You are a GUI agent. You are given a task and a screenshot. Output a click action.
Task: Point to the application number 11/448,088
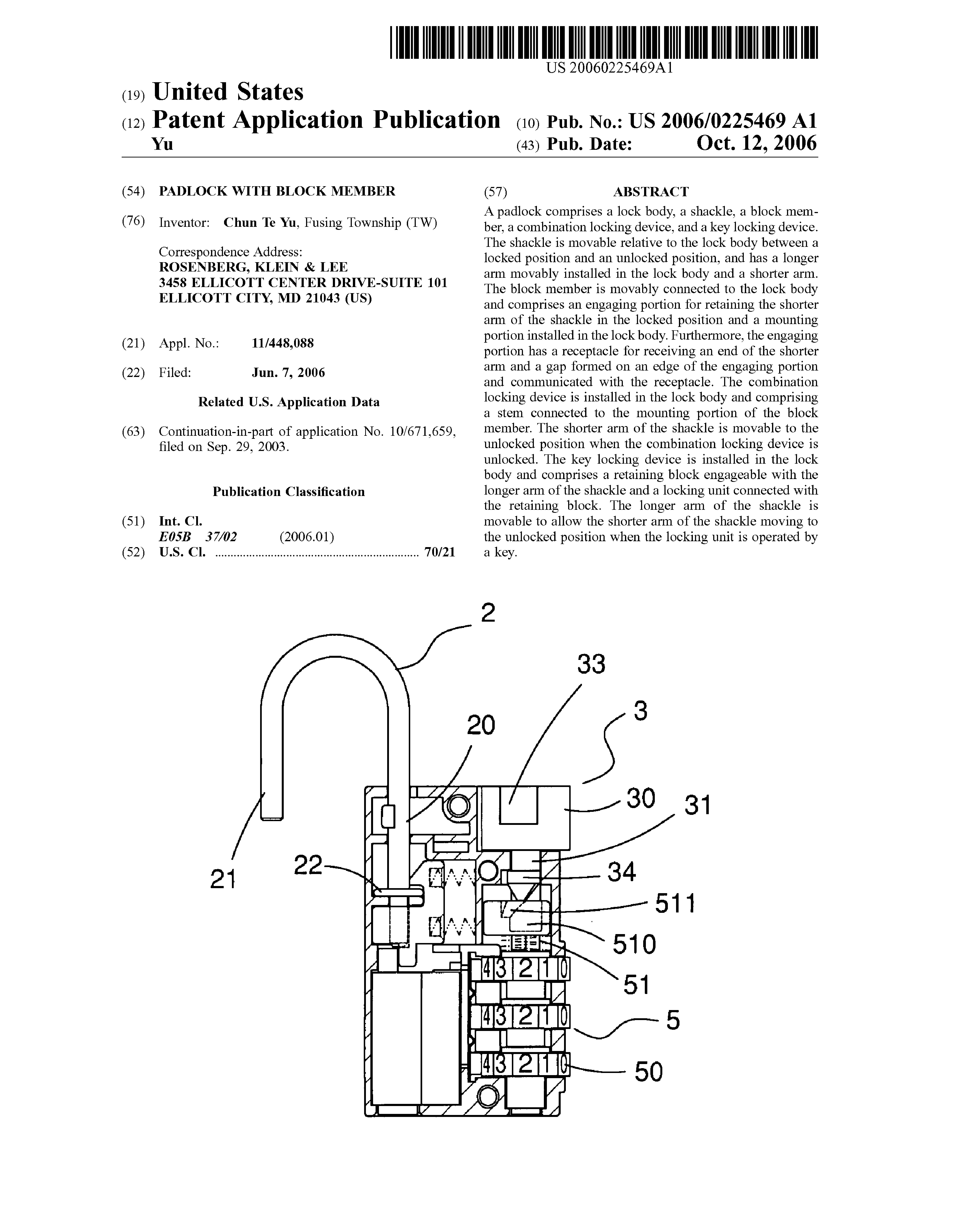pyautogui.click(x=282, y=343)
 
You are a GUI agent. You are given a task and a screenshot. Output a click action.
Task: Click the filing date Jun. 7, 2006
pyautogui.click(x=288, y=372)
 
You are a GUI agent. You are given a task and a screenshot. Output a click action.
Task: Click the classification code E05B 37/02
pyautogui.click(x=198, y=537)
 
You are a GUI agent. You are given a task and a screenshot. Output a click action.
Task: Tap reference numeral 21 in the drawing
pyautogui.click(x=223, y=878)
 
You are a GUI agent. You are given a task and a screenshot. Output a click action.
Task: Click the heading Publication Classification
pyautogui.click(x=289, y=492)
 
